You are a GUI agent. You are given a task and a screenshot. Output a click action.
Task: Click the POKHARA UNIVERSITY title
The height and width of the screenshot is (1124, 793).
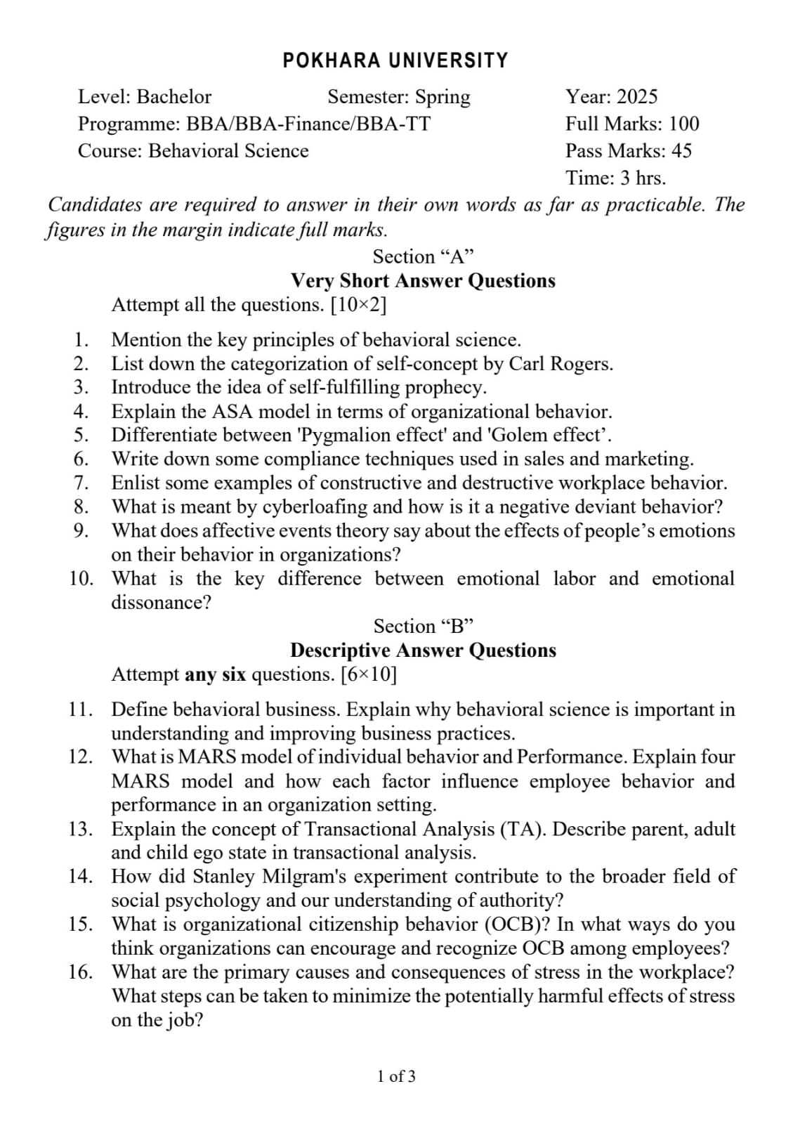click(x=395, y=61)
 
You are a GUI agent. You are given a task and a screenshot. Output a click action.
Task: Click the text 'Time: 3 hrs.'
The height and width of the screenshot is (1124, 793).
click(x=615, y=178)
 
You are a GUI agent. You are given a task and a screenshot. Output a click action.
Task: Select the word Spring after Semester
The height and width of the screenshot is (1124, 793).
click(x=443, y=97)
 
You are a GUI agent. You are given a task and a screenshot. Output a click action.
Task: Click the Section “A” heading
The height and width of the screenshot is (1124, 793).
click(x=424, y=256)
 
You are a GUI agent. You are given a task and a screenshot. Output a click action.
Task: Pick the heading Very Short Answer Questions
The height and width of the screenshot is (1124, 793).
click(x=423, y=281)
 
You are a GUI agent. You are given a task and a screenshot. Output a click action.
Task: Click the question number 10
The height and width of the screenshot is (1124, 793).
click(x=81, y=579)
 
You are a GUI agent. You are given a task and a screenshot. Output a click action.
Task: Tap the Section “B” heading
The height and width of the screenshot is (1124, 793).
click(x=424, y=626)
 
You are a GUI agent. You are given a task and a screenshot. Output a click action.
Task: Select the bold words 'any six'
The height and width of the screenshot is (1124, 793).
click(x=215, y=675)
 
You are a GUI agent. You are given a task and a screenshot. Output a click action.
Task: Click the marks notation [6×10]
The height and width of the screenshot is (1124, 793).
click(x=368, y=675)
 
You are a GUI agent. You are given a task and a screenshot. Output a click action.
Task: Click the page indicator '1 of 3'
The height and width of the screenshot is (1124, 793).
click(x=396, y=1076)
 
